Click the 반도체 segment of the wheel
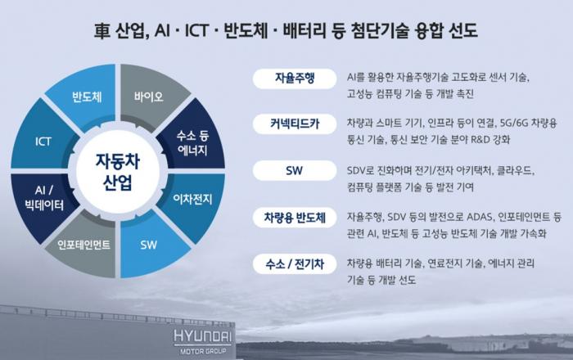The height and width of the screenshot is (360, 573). coord(86,96)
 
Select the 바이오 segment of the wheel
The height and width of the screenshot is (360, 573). coord(150,96)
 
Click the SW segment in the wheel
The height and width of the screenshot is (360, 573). coord(150,245)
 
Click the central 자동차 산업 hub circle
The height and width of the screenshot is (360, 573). coord(118,171)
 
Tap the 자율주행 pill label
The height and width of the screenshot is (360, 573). coord(295,79)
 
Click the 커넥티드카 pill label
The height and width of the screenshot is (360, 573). coord(295,124)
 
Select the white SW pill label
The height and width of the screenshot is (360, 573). coord(295,170)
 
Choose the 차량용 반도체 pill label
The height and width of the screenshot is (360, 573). coord(295,218)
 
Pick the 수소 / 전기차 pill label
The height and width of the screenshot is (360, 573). coord(295,263)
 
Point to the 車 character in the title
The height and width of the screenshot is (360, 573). coord(102,30)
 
